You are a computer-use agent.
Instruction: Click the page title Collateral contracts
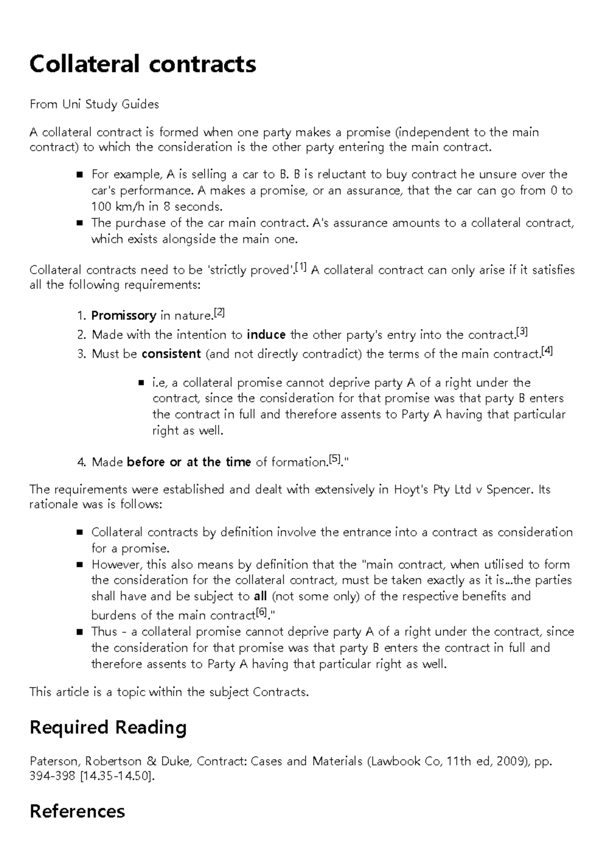[x=143, y=64]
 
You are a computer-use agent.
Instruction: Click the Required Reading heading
[x=108, y=727]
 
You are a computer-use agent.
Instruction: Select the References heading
[x=77, y=811]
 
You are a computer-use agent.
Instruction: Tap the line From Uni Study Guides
[x=94, y=104]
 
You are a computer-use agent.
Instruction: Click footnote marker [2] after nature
[x=219, y=313]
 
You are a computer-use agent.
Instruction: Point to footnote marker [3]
[x=522, y=332]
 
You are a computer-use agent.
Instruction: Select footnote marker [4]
[x=547, y=351]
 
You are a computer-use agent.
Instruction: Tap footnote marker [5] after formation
[x=334, y=459]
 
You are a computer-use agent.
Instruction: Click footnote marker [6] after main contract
[x=261, y=612]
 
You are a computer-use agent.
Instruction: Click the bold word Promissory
[x=123, y=316]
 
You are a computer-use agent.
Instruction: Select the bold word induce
[x=266, y=335]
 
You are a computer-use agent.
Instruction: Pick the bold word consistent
[x=171, y=354]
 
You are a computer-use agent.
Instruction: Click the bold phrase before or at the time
[x=188, y=462]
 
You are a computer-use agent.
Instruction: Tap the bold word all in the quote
[x=260, y=596]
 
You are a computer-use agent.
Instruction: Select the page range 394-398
[x=53, y=776]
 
